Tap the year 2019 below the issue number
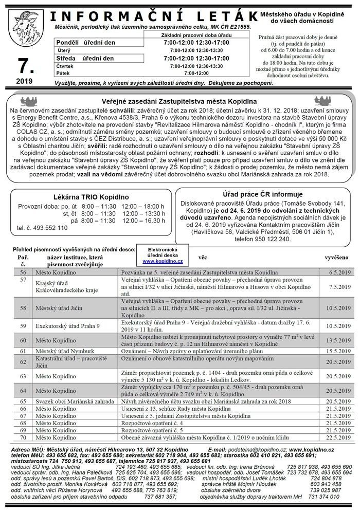point(24,81)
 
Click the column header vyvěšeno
point(336,256)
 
